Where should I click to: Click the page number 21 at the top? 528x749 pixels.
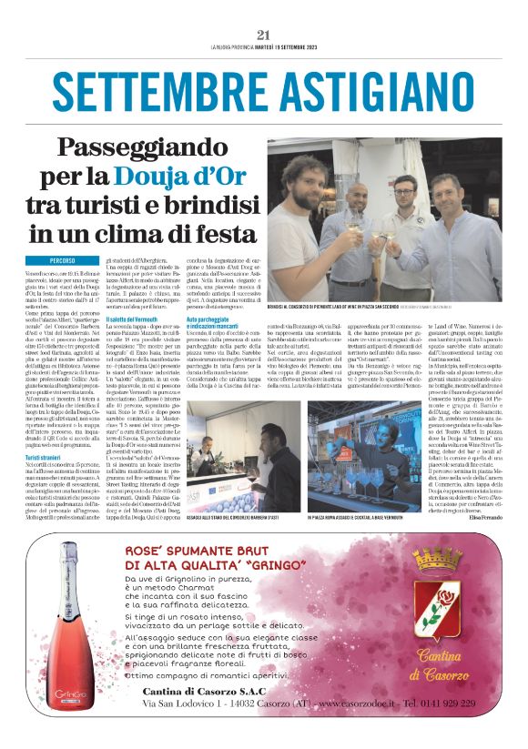click(265, 35)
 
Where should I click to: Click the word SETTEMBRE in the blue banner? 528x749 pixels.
click(169, 90)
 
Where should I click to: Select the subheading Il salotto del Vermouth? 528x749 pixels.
click(139, 319)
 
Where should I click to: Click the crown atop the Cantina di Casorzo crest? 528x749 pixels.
click(436, 556)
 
